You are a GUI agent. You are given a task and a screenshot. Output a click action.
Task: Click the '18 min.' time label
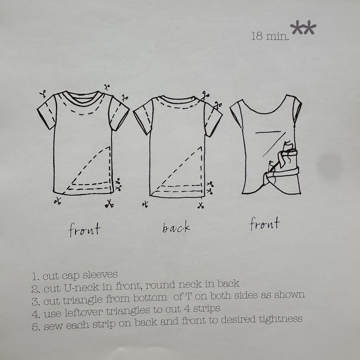click(x=270, y=36)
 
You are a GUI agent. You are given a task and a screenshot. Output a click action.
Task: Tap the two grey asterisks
click(x=303, y=28)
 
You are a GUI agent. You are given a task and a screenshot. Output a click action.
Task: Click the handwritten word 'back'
click(x=176, y=227)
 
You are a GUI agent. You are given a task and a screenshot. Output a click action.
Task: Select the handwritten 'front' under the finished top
click(x=265, y=223)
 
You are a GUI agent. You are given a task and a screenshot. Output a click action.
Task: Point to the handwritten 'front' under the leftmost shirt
click(x=85, y=229)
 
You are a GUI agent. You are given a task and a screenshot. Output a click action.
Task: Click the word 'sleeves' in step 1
click(x=100, y=275)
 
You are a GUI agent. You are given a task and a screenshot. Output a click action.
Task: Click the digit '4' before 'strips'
click(x=187, y=309)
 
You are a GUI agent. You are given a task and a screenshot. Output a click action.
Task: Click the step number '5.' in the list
click(x=36, y=327)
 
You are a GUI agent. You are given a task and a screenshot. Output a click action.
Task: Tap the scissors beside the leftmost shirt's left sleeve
click(x=43, y=94)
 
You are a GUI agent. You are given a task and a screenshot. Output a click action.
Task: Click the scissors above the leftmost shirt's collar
click(x=107, y=87)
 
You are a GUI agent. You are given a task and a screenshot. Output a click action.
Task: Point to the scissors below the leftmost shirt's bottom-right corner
click(x=110, y=204)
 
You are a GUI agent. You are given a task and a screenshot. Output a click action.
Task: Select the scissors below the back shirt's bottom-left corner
click(x=145, y=204)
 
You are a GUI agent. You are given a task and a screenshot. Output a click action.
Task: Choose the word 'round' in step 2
click(x=160, y=285)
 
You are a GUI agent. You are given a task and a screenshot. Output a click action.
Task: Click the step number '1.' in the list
click(x=36, y=277)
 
